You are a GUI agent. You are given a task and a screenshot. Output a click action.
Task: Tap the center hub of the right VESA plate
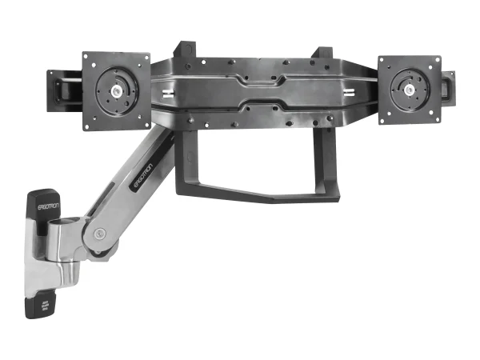[x=410, y=90]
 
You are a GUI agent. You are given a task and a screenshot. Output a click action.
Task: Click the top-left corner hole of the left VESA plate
[x=89, y=60]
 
